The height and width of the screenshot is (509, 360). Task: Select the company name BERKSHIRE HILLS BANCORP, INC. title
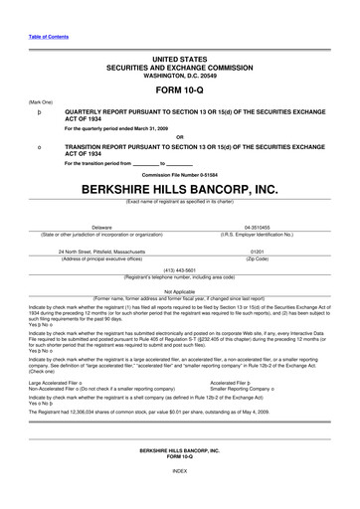coord(179,187)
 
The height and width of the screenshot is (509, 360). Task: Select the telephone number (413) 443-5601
coord(179,269)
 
